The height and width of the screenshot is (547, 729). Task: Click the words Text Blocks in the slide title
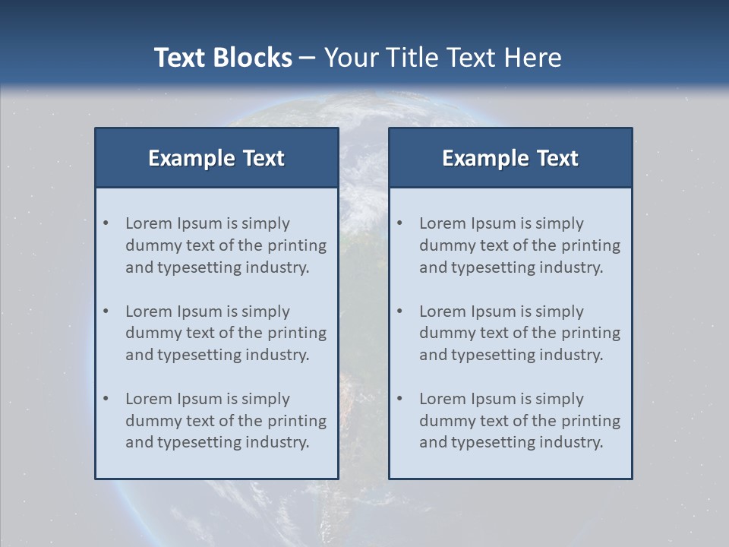coord(223,58)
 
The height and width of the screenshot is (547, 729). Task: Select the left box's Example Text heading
coord(216,158)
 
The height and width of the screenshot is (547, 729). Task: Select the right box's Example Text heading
coord(510,158)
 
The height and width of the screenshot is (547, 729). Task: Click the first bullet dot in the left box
coord(106,223)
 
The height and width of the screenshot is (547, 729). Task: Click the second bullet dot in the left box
coord(106,311)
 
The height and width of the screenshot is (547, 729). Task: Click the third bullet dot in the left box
coord(106,399)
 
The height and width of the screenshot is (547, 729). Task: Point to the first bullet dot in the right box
coord(400,223)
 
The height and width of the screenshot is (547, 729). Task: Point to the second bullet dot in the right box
coord(400,311)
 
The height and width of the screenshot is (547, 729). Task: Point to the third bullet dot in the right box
coord(400,399)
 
